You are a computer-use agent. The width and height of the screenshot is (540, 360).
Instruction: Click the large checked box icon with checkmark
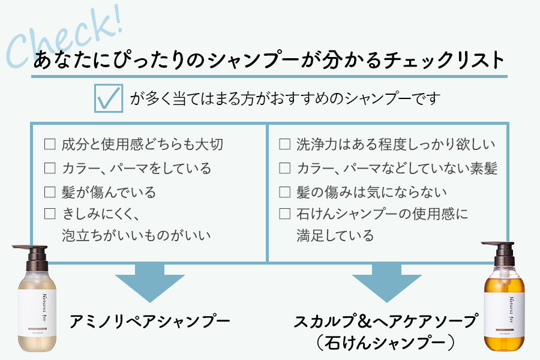[x=109, y=99]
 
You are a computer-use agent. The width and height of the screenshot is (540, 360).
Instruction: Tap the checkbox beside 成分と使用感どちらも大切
[x=50, y=145]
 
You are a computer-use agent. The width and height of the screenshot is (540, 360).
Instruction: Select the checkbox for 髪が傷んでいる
[x=50, y=193]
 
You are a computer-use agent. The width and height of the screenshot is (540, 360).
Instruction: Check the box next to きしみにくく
[x=50, y=214]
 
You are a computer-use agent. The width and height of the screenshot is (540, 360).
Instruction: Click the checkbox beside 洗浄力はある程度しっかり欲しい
[x=285, y=145]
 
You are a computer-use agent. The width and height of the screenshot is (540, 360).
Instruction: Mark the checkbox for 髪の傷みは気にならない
[x=285, y=193]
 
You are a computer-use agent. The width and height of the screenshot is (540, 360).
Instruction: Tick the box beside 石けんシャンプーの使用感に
[x=285, y=214]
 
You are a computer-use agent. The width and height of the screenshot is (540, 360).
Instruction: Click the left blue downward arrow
[x=149, y=282]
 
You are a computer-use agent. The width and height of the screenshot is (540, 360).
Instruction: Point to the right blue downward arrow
[x=385, y=282]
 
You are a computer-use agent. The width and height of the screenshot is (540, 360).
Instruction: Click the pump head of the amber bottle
[x=501, y=247]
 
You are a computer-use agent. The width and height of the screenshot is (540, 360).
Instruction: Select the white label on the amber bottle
[x=506, y=306]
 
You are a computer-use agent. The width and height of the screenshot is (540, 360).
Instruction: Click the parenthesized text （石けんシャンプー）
[x=384, y=343]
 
